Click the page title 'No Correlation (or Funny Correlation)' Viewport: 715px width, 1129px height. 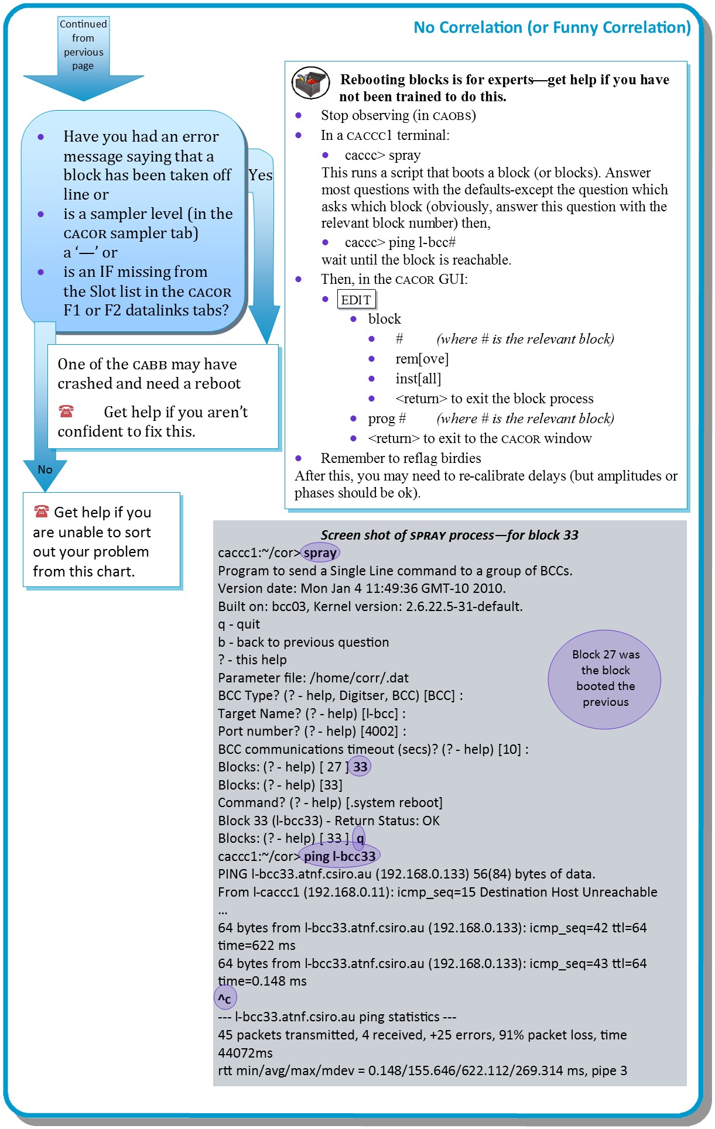[x=552, y=28]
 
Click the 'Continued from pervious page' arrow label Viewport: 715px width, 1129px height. [x=83, y=45]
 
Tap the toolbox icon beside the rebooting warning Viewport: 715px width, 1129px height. [x=310, y=83]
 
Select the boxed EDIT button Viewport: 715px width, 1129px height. [x=356, y=300]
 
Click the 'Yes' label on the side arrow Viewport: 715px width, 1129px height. [x=260, y=176]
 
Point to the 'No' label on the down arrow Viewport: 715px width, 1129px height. [x=45, y=469]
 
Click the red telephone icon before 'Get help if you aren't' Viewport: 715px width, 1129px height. [x=66, y=411]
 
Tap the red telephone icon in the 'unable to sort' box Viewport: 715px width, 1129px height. [x=41, y=512]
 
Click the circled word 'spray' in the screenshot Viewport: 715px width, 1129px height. [x=320, y=553]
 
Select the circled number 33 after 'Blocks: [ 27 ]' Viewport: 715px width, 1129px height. [x=360, y=767]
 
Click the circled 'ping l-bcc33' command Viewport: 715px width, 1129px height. [x=340, y=856]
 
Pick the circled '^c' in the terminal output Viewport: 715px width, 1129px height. [x=225, y=998]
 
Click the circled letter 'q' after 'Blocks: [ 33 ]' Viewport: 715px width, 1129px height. [x=360, y=838]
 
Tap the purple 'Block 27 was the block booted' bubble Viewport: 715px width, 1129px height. [x=605, y=679]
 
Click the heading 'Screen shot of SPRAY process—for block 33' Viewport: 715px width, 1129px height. [x=449, y=535]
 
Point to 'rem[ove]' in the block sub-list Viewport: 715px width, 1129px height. [x=422, y=359]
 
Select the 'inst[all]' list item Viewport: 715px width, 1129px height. [x=418, y=379]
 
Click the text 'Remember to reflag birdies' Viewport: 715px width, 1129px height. [x=401, y=458]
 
